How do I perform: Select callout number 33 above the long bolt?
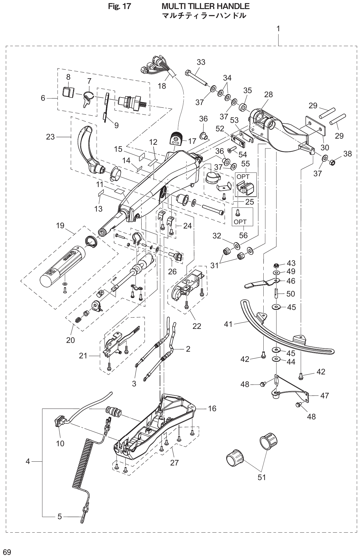point(201,62)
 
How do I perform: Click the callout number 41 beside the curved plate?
point(228,324)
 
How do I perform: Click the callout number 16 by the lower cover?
point(212,409)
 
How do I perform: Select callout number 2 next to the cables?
point(188,349)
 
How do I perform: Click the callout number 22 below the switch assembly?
point(197,326)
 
